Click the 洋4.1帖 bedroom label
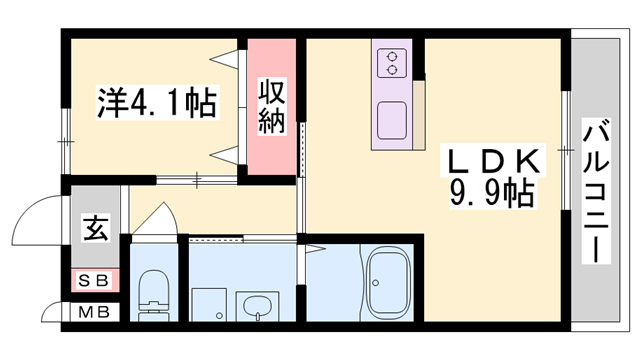[x=156, y=103]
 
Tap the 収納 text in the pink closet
[x=272, y=108]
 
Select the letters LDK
[x=493, y=160]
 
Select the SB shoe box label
[x=94, y=279]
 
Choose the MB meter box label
[x=94, y=312]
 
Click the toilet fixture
[x=155, y=292]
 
